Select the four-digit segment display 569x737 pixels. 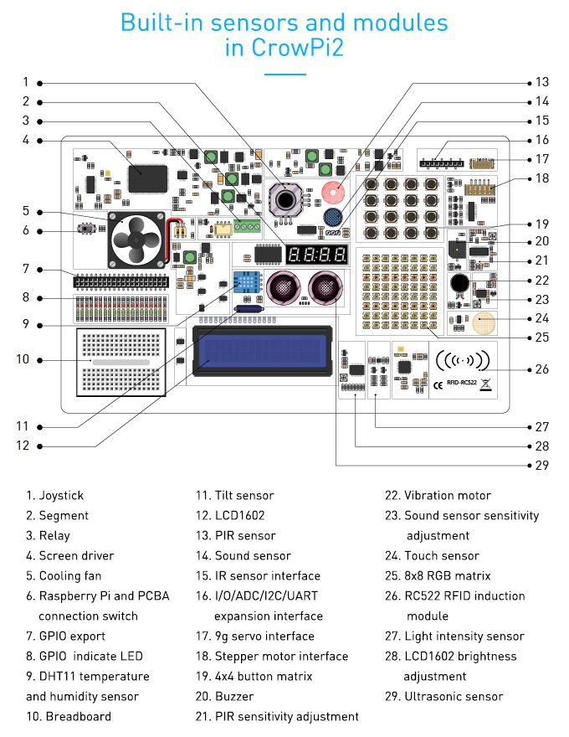pos(316,255)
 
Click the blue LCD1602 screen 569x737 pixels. pos(260,351)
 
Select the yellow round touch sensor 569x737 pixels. pos(487,323)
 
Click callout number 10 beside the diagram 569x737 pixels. pos(23,359)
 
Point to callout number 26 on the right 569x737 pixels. pos(542,368)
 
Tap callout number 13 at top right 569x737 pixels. pos(542,82)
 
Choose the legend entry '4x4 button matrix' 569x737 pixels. pos(253,676)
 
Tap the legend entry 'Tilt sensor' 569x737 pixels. pos(235,495)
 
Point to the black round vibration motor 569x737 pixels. pos(458,283)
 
